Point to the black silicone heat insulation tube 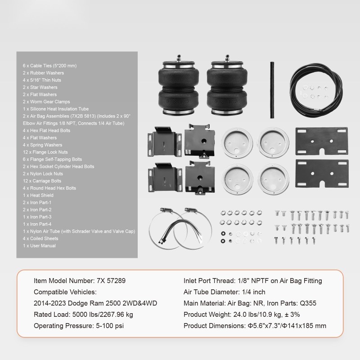[x=271, y=77]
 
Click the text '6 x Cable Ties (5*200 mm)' [x=49, y=66]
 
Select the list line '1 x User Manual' [x=39, y=246]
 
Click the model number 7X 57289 [x=80, y=281]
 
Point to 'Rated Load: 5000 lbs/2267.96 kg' [x=83, y=315]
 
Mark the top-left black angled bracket [x=161, y=143]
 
